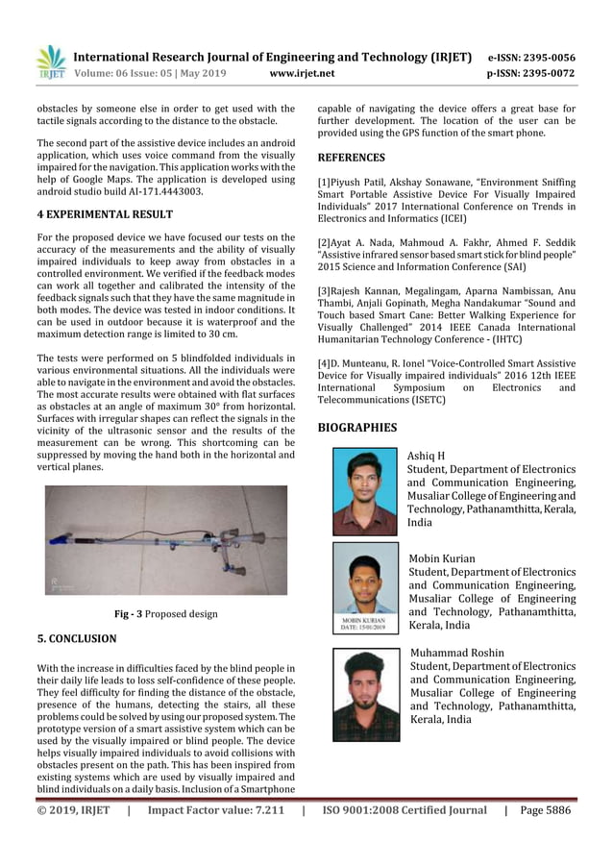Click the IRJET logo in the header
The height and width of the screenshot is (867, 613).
(x=50, y=62)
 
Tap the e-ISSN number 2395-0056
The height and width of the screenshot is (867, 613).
(x=550, y=57)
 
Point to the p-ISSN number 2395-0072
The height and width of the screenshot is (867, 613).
(x=550, y=72)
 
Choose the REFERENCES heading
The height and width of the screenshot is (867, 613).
(x=351, y=158)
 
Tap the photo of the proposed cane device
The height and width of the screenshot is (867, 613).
(x=166, y=539)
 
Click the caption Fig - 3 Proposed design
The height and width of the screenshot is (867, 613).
(x=165, y=614)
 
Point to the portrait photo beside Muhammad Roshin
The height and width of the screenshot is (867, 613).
(x=365, y=695)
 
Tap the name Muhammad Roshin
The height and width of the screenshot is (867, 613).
(x=456, y=653)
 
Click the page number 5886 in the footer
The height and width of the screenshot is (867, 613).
(x=556, y=810)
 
